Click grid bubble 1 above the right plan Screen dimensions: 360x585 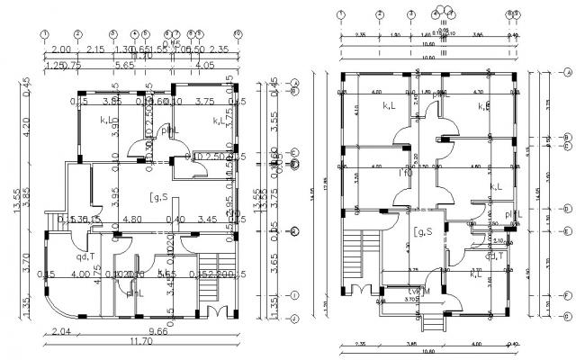(341, 14)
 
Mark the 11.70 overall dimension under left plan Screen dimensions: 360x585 (142, 342)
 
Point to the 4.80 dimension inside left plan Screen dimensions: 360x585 (133, 219)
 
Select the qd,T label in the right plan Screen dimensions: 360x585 (494, 255)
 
